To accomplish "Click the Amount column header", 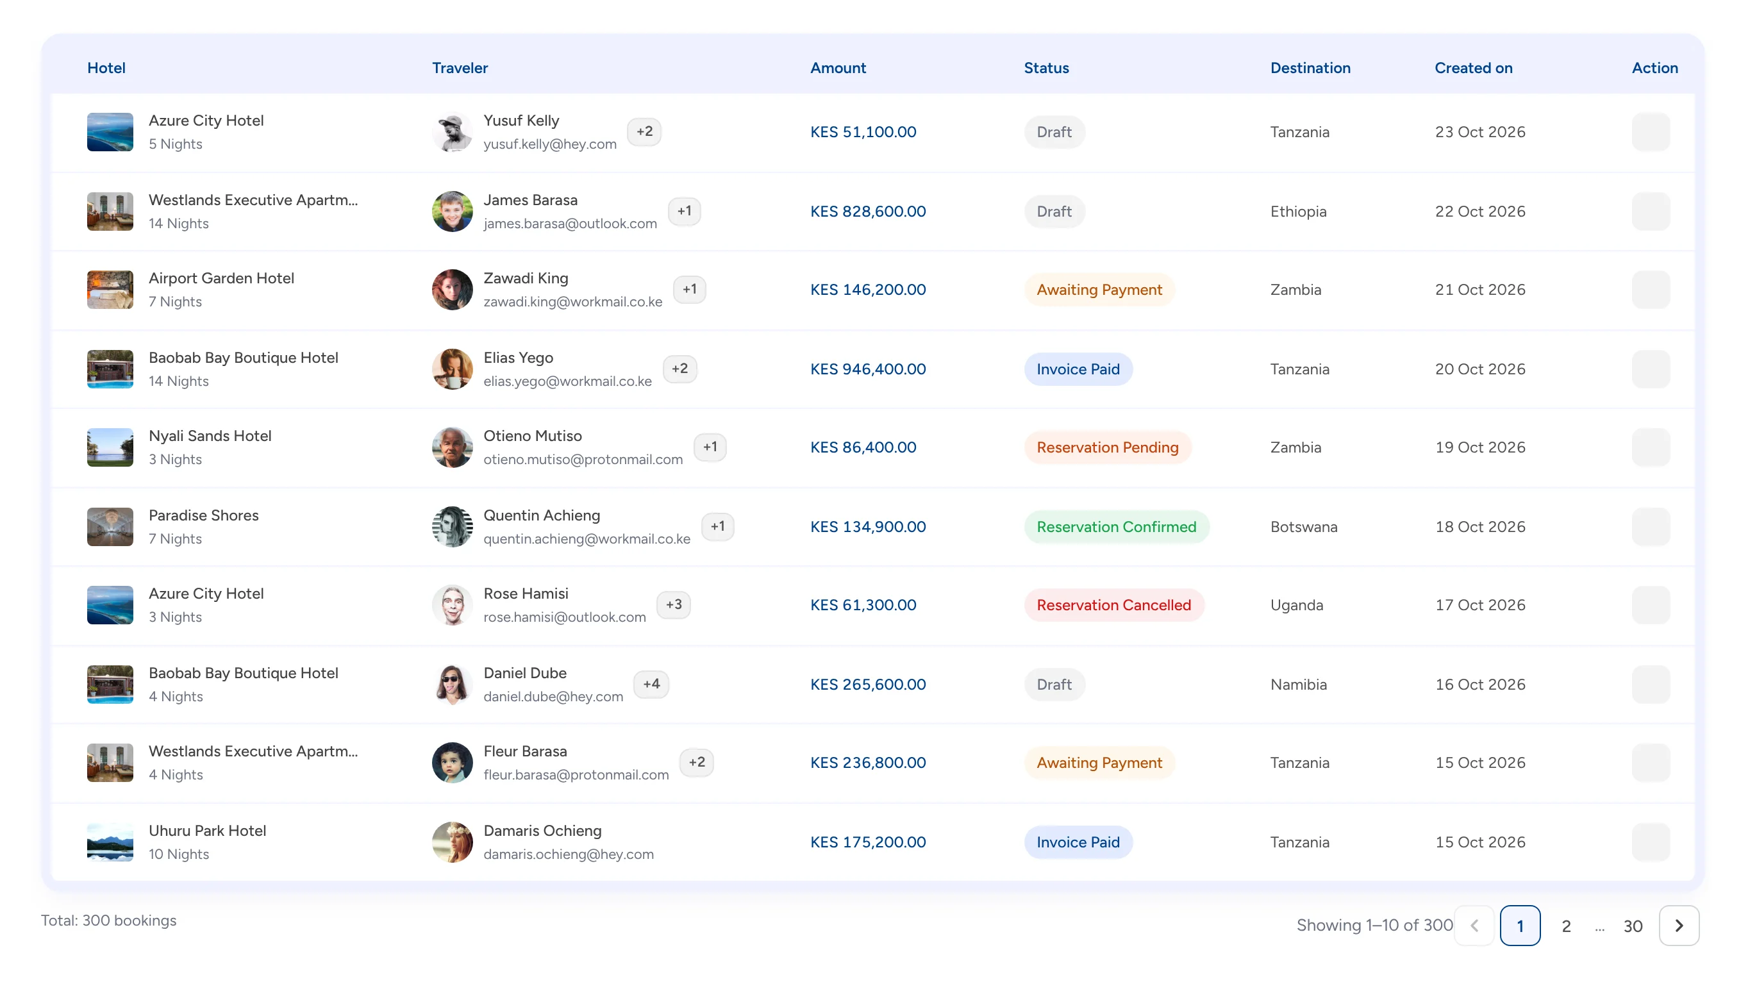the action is pyautogui.click(x=838, y=67).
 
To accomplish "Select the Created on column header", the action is pyautogui.click(x=1473, y=67).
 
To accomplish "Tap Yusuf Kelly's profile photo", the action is pyautogui.click(x=452, y=132).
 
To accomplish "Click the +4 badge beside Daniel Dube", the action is pyautogui.click(x=651, y=684).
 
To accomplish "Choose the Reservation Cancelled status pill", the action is pyautogui.click(x=1114, y=605).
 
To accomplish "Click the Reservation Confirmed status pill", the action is pyautogui.click(x=1117, y=526).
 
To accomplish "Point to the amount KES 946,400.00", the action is pyautogui.click(x=868, y=369).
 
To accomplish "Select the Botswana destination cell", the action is pyautogui.click(x=1304, y=526).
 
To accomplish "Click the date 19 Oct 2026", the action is pyautogui.click(x=1480, y=447).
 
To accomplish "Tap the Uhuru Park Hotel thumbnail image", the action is pyautogui.click(x=110, y=842).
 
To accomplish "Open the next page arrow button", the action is pyautogui.click(x=1679, y=925).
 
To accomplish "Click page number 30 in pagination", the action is pyautogui.click(x=1633, y=926).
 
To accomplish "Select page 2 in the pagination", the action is pyautogui.click(x=1566, y=926).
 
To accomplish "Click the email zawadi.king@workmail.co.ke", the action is pyautogui.click(x=572, y=301).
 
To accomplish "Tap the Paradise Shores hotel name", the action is pyautogui.click(x=203, y=515).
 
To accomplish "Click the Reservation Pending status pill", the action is pyautogui.click(x=1108, y=447).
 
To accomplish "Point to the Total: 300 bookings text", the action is pyautogui.click(x=109, y=920).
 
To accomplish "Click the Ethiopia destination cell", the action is pyautogui.click(x=1298, y=212).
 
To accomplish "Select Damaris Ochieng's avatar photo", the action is pyautogui.click(x=452, y=842).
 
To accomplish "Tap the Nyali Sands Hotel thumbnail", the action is pyautogui.click(x=110, y=447).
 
